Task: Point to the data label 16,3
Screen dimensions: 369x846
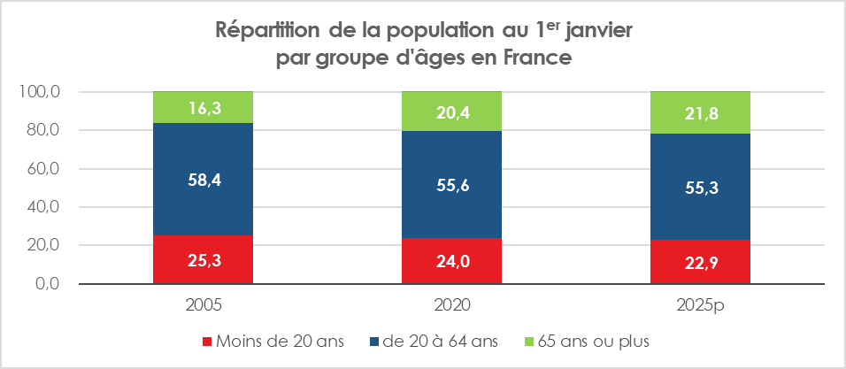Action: [x=204, y=107]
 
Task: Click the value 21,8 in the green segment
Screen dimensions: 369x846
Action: [x=700, y=112]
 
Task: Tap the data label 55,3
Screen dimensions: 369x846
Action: [x=700, y=187]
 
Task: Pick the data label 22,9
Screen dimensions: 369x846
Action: [x=700, y=263]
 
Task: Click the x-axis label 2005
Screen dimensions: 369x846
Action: [x=204, y=304]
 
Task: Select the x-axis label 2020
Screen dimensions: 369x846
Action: [x=451, y=304]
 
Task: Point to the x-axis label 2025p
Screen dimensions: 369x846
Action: [x=700, y=304]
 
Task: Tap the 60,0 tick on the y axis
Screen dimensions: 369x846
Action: [x=42, y=169]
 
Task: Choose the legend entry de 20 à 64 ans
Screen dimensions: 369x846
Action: [x=436, y=341]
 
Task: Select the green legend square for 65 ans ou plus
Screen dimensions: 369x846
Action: [x=529, y=341]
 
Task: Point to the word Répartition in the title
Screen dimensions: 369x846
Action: [x=266, y=30]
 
